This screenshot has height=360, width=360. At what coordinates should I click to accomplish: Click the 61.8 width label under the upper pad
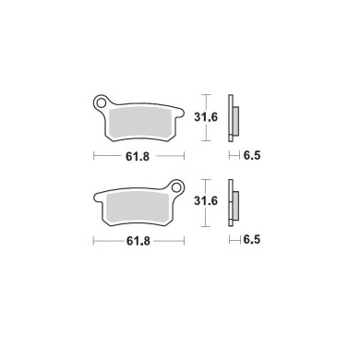[138, 158]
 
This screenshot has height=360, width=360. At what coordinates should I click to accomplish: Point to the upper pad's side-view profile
[235, 116]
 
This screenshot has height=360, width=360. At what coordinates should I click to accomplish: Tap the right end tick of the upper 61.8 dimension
[184, 158]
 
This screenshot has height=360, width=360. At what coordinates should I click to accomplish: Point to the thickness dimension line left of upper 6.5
[234, 158]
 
